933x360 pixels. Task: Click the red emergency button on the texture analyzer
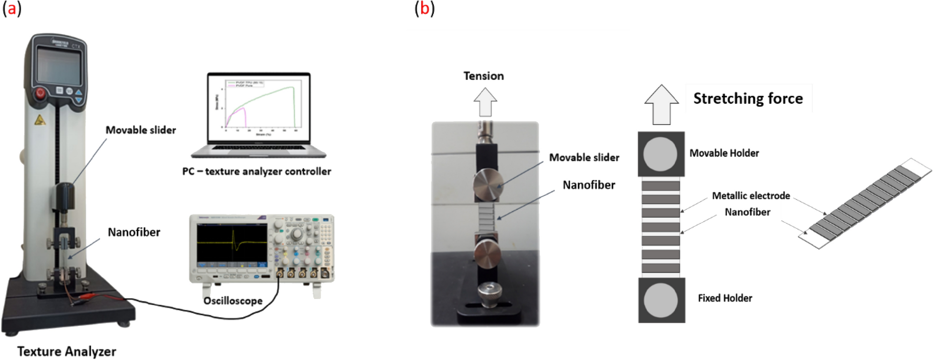click(41, 93)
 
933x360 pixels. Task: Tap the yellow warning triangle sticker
click(40, 120)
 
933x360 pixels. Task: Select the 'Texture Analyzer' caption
click(67, 351)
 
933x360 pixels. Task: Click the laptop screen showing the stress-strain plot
click(259, 107)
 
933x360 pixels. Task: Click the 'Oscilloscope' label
click(233, 301)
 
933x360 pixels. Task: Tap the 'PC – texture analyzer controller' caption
click(256, 171)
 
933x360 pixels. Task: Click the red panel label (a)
click(12, 8)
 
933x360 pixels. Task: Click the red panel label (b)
click(424, 8)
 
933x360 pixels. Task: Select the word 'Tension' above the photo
click(483, 76)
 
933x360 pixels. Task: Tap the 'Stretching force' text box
click(748, 99)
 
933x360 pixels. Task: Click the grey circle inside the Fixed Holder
click(660, 300)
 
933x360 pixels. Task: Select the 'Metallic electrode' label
click(751, 196)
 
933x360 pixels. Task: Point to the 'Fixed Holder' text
click(725, 298)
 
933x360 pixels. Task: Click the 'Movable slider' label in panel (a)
click(140, 130)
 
